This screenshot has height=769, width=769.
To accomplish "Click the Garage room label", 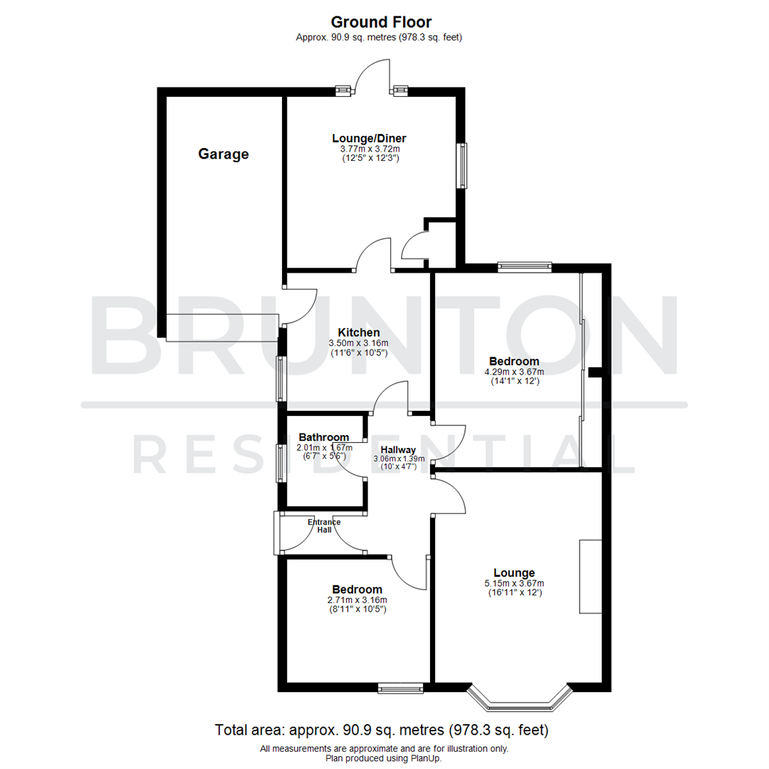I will pos(224,154).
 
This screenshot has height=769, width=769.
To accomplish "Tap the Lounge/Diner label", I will pos(370,138).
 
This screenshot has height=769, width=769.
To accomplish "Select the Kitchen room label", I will pos(359,333).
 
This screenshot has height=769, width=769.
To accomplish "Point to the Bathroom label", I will pos(324,437).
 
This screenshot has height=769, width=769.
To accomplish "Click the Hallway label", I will pos(399,449).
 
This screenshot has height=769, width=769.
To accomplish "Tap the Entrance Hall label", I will pos(324,526).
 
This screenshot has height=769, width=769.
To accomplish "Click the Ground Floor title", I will pos(381,22).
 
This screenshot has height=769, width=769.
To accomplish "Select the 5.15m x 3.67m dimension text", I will pos(514,583).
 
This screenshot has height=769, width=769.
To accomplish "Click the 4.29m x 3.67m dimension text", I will pos(514,372).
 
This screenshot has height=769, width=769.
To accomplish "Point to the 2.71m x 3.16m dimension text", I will pos(357,600).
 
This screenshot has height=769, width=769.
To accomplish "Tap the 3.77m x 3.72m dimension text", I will pos(370,149).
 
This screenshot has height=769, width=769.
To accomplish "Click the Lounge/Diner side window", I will pos(462,166).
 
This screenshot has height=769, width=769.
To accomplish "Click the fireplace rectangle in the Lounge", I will pos(590,577).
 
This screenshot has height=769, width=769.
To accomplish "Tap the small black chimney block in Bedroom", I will pos(595,372).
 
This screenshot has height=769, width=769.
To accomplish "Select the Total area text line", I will pos(382,731).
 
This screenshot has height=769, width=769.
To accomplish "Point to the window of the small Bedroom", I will pos(400,688).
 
